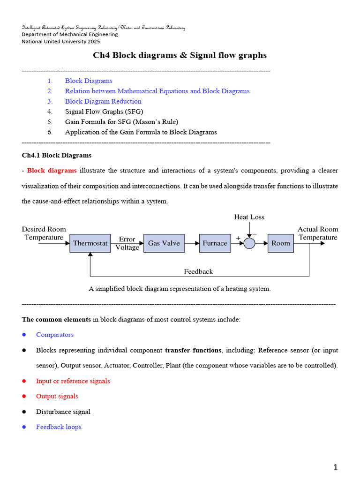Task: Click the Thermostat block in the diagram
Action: pyautogui.click(x=90, y=243)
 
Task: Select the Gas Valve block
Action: pyautogui.click(x=164, y=243)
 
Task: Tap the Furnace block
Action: pyautogui.click(x=215, y=243)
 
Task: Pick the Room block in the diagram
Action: pyautogui.click(x=280, y=243)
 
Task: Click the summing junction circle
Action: pyautogui.click(x=249, y=243)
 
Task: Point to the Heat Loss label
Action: pyautogui.click(x=249, y=217)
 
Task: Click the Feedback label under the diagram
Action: pyautogui.click(x=198, y=271)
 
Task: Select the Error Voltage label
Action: pyautogui.click(x=127, y=243)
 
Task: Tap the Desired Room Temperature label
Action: pyautogui.click(x=44, y=233)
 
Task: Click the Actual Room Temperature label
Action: pyautogui.click(x=318, y=233)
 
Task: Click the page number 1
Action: pyautogui.click(x=335, y=467)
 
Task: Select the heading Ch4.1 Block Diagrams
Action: pyautogui.click(x=57, y=155)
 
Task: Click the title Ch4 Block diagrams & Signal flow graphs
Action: pyautogui.click(x=180, y=55)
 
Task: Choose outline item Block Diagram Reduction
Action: pyautogui.click(x=103, y=101)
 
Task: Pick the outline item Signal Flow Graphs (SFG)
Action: pyautogui.click(x=104, y=112)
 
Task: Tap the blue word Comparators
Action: pyautogui.click(x=55, y=335)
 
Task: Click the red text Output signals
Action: pyautogui.click(x=57, y=396)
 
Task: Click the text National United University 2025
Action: pyautogui.click(x=61, y=41)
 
